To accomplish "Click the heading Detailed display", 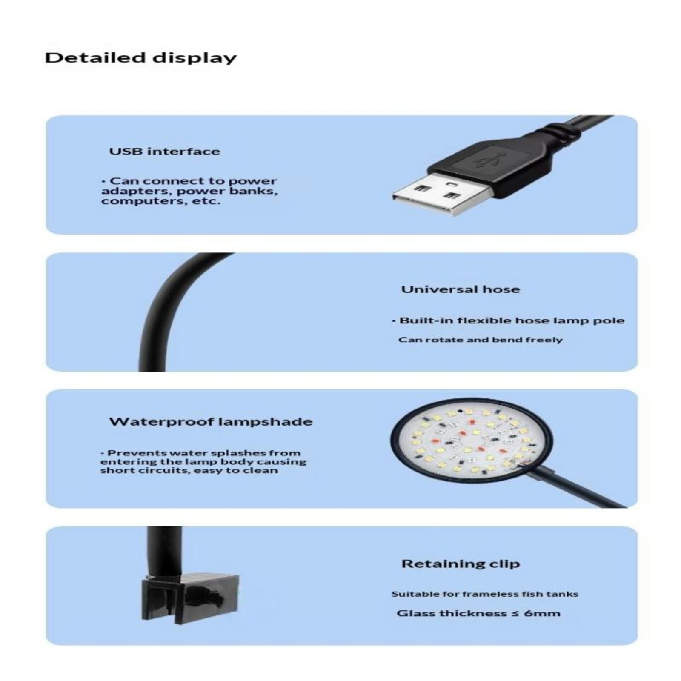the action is pyautogui.click(x=140, y=58).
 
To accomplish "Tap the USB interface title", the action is pyautogui.click(x=165, y=151).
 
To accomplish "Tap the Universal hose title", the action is pyautogui.click(x=461, y=289).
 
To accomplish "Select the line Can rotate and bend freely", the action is pyautogui.click(x=480, y=340).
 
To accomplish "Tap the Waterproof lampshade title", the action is pyautogui.click(x=211, y=422).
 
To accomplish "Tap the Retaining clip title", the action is pyautogui.click(x=461, y=564).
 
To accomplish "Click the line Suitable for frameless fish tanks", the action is pyautogui.click(x=485, y=594).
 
